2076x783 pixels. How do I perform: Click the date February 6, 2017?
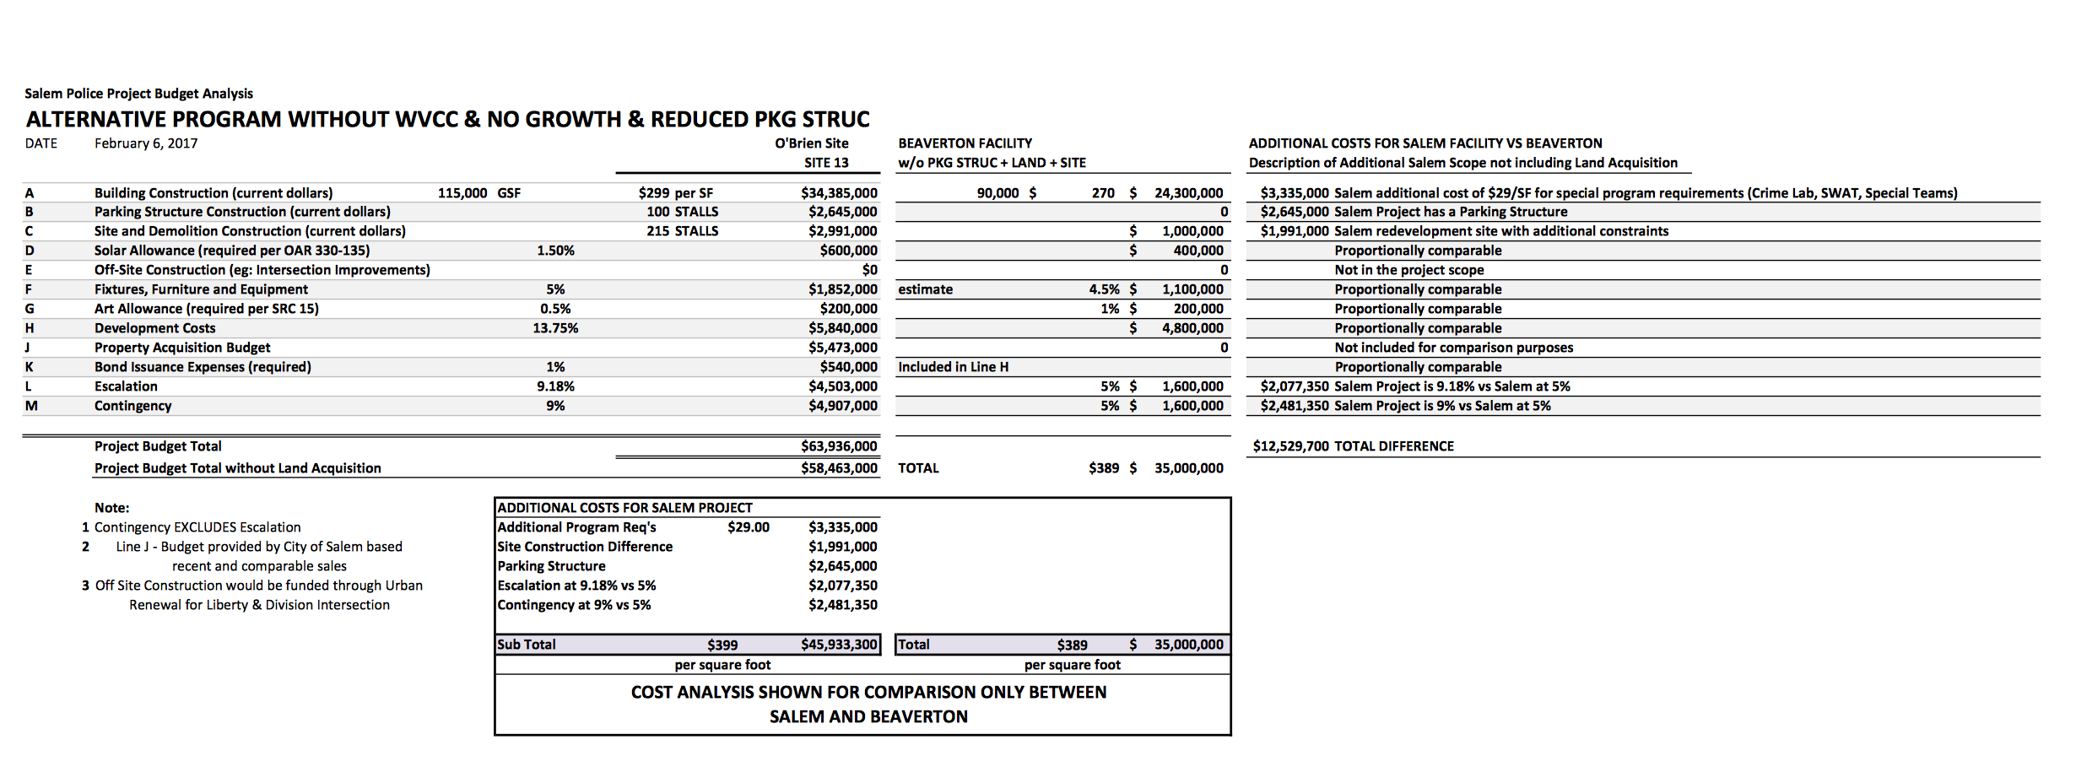point(146,143)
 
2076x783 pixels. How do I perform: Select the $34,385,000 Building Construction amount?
point(839,193)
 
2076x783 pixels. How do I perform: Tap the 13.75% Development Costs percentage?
point(555,328)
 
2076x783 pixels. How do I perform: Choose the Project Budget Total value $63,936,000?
point(839,446)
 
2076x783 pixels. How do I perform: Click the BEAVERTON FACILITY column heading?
point(965,143)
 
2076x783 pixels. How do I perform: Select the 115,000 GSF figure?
point(478,193)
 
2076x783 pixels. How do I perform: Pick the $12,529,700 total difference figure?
point(1290,446)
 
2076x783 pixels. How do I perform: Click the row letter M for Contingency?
point(31,406)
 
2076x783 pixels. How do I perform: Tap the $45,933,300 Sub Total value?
point(839,645)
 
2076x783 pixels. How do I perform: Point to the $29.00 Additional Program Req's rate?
point(748,527)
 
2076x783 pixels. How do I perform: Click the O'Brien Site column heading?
point(811,143)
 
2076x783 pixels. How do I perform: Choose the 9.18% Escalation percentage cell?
point(555,386)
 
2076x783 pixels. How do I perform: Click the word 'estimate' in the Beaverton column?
point(925,289)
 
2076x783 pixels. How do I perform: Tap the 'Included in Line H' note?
point(953,367)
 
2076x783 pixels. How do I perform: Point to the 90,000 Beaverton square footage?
point(997,193)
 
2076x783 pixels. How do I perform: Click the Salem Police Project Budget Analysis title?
point(138,94)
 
